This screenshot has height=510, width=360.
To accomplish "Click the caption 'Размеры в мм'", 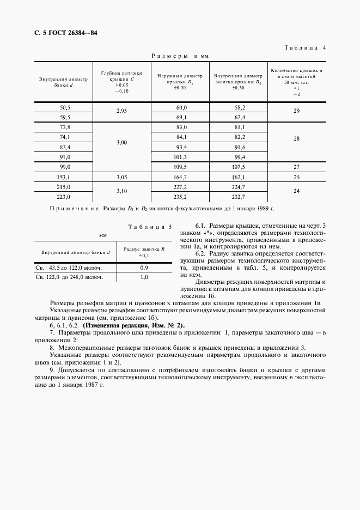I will click(x=180, y=56).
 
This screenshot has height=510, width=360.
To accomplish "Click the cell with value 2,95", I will click(x=121, y=112).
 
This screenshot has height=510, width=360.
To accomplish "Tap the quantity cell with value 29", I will click(x=296, y=112).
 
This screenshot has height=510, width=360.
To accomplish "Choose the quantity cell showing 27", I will click(x=296, y=167).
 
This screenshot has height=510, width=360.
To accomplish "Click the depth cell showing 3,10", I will click(x=121, y=192).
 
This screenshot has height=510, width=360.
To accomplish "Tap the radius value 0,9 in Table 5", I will click(x=144, y=268).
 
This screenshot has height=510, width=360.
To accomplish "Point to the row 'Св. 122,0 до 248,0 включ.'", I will click(x=69, y=277).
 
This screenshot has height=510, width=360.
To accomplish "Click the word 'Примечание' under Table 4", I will click(x=70, y=209).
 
